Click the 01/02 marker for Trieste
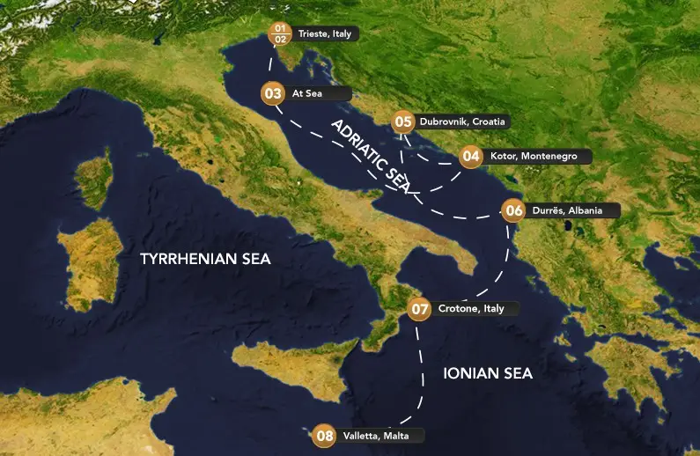pyautogui.click(x=281, y=33)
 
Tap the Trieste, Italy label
pyautogui.click(x=325, y=33)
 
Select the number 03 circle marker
pyautogui.click(x=273, y=92)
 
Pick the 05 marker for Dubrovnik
pyautogui.click(x=403, y=121)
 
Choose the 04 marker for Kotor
pyautogui.click(x=471, y=156)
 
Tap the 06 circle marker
pyautogui.click(x=514, y=210)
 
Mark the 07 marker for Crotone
pyautogui.click(x=420, y=309)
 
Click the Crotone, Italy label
pyautogui.click(x=470, y=309)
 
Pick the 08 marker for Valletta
pyautogui.click(x=325, y=435)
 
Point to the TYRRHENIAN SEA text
pyautogui.click(x=206, y=259)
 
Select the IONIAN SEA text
pyautogui.click(x=487, y=373)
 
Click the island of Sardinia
pyautogui.click(x=88, y=255)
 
